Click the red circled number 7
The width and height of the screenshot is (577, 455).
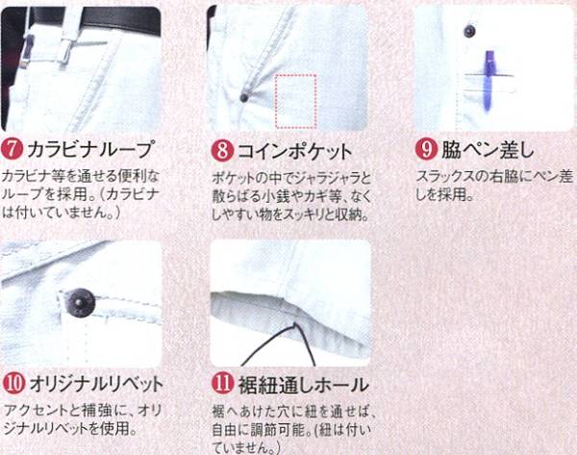click(13, 149)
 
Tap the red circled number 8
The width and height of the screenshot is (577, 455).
click(222, 150)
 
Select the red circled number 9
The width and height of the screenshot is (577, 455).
click(426, 149)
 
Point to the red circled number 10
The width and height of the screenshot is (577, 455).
click(14, 384)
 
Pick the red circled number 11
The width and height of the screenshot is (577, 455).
click(223, 383)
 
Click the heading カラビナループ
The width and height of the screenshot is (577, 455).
click(89, 149)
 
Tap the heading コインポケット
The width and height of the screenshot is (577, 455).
click(294, 151)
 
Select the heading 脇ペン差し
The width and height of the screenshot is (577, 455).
click(488, 149)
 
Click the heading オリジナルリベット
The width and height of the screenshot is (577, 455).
click(96, 384)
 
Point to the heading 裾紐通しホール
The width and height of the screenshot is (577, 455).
click(304, 385)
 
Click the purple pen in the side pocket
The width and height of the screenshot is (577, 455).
click(488, 82)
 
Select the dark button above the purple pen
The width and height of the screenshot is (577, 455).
click(469, 31)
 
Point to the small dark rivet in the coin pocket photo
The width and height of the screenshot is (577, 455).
click(243, 97)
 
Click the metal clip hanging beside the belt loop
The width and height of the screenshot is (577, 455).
click(28, 52)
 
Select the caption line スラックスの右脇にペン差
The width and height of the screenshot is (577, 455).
click(494, 177)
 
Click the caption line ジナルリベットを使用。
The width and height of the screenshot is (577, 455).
click(70, 428)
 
